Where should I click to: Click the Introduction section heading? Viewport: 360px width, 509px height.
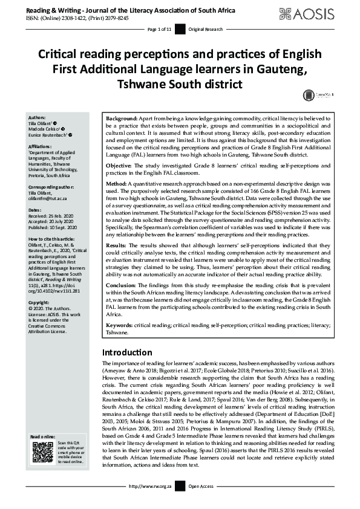tap(127, 352)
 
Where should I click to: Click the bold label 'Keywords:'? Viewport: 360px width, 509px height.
tap(120, 325)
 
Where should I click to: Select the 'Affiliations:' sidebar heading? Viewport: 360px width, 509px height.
tap(42, 146)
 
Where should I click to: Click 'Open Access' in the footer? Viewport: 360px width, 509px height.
tap(201, 502)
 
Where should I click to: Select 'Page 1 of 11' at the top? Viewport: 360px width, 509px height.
tap(160, 29)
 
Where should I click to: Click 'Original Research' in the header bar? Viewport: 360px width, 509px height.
tap(206, 29)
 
